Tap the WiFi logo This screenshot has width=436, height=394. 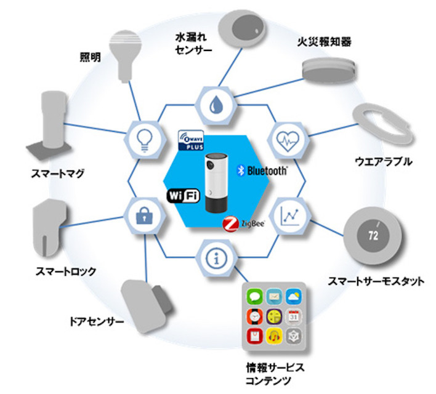[x=182, y=197]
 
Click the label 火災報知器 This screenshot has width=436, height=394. [x=321, y=44]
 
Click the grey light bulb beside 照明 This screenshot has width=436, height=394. [x=124, y=50]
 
